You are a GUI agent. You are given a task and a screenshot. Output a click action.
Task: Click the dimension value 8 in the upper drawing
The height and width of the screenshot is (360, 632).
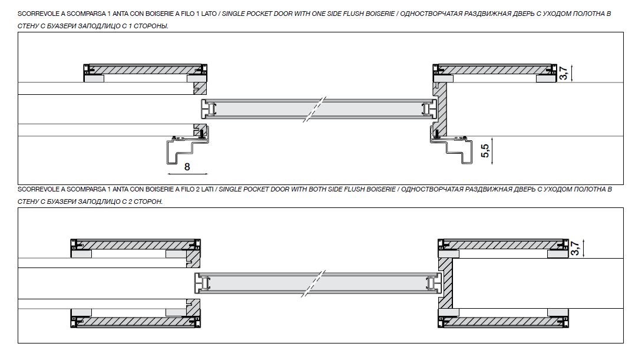point(187,167)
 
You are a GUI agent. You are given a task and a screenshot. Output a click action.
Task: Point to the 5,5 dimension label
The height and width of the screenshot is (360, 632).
point(485,151)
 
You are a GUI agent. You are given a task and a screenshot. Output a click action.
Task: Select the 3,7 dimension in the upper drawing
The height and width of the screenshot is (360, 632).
point(564,73)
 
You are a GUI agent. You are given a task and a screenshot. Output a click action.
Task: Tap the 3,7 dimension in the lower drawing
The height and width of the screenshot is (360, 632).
point(575,248)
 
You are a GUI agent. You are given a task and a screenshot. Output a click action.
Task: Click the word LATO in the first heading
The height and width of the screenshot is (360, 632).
point(209,14)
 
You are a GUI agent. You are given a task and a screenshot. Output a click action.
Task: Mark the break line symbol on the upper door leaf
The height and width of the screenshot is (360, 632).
point(313,109)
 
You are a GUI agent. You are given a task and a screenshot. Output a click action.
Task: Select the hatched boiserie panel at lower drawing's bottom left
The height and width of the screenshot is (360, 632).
point(135,322)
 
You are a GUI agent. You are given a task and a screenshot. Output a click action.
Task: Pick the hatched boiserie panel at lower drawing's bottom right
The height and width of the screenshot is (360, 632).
point(503,322)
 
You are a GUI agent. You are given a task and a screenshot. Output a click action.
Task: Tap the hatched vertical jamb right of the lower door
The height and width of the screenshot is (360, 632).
point(445,283)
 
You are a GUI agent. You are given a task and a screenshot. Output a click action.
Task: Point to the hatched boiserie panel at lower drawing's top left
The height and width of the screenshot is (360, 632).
point(135,245)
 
